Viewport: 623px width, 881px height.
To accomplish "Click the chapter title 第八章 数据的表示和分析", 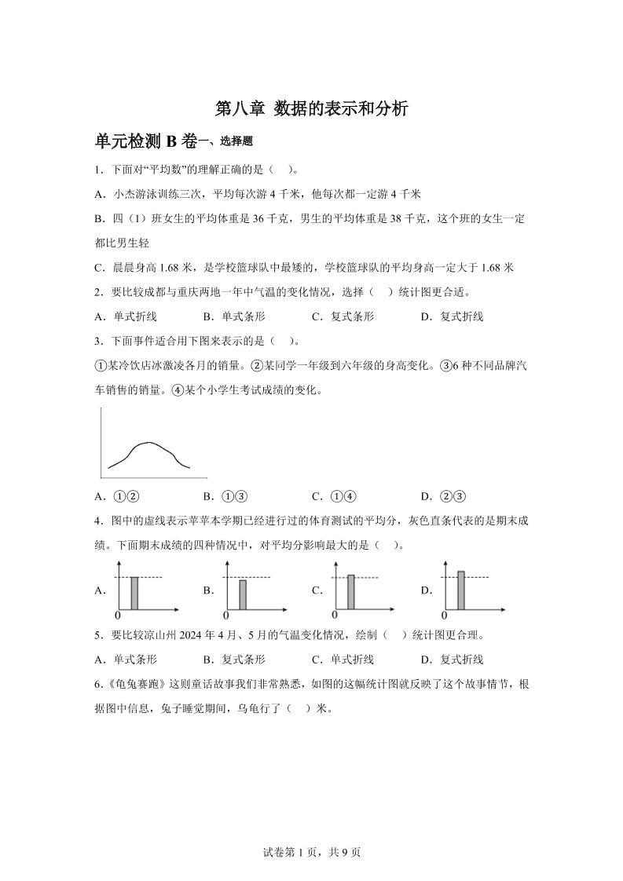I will click(x=312, y=109).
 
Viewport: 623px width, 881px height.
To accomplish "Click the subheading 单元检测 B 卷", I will click(x=145, y=141).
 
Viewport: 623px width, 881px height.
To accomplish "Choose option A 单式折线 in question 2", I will click(x=126, y=316).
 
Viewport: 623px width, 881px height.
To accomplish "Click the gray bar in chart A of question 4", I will click(x=134, y=593).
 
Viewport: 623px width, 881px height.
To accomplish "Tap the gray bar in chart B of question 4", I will click(x=243, y=594).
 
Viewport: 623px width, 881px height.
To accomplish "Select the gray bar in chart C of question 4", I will click(x=351, y=592).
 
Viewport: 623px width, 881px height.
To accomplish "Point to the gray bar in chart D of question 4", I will click(x=461, y=590).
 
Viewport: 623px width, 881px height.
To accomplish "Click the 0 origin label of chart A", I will click(x=118, y=615).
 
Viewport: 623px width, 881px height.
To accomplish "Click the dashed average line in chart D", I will click(x=479, y=578).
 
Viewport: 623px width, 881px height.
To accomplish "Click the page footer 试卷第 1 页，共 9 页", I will click(x=311, y=852).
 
